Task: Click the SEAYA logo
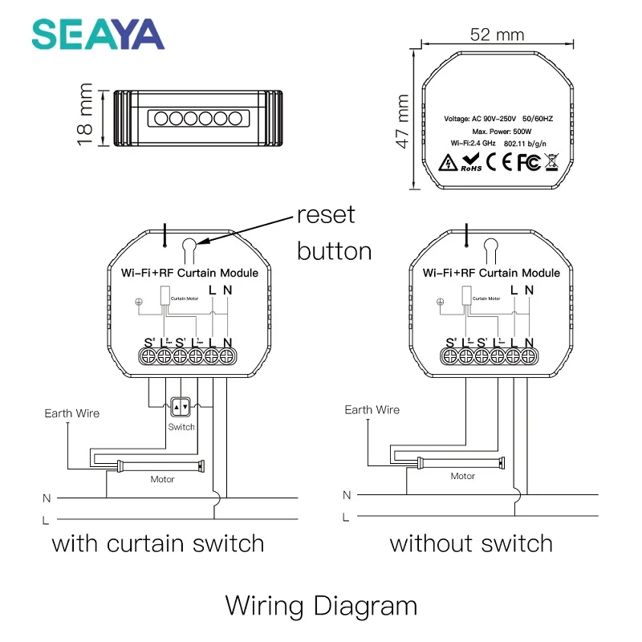point(97,34)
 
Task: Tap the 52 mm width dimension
point(498,35)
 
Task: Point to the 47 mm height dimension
point(403,120)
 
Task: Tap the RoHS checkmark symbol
point(470,162)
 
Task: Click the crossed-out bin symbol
point(551,162)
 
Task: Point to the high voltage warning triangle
point(447,163)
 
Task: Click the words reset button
point(333,234)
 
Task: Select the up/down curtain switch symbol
point(181,408)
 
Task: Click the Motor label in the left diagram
point(162,479)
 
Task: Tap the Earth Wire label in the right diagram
point(372,410)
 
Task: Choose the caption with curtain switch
point(158,543)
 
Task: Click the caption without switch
point(471,543)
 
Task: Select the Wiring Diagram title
point(321,604)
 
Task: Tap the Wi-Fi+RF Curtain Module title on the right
point(492,273)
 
